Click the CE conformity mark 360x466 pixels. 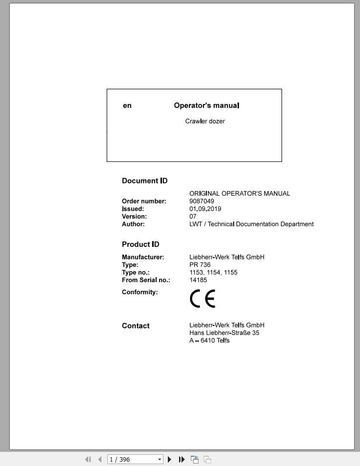point(202,299)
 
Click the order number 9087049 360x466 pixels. point(201,201)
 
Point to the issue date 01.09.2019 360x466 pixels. point(205,209)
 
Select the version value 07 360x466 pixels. point(193,216)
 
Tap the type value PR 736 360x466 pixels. point(200,265)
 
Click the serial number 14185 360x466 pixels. point(198,280)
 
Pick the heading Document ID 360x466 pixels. point(144,181)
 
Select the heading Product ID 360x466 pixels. point(140,244)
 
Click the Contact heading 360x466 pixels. point(136,326)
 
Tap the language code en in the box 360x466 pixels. point(127,105)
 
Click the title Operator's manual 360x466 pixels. point(206,105)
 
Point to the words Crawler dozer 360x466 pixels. point(205,121)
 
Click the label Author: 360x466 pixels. point(133,224)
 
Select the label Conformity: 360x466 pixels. point(140,292)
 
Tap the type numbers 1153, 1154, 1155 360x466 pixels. point(213,272)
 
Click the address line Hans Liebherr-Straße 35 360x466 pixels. point(224,333)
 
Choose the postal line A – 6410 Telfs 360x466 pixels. point(209,341)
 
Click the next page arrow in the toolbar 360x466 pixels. point(170,459)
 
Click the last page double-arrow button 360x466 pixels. point(181,459)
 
